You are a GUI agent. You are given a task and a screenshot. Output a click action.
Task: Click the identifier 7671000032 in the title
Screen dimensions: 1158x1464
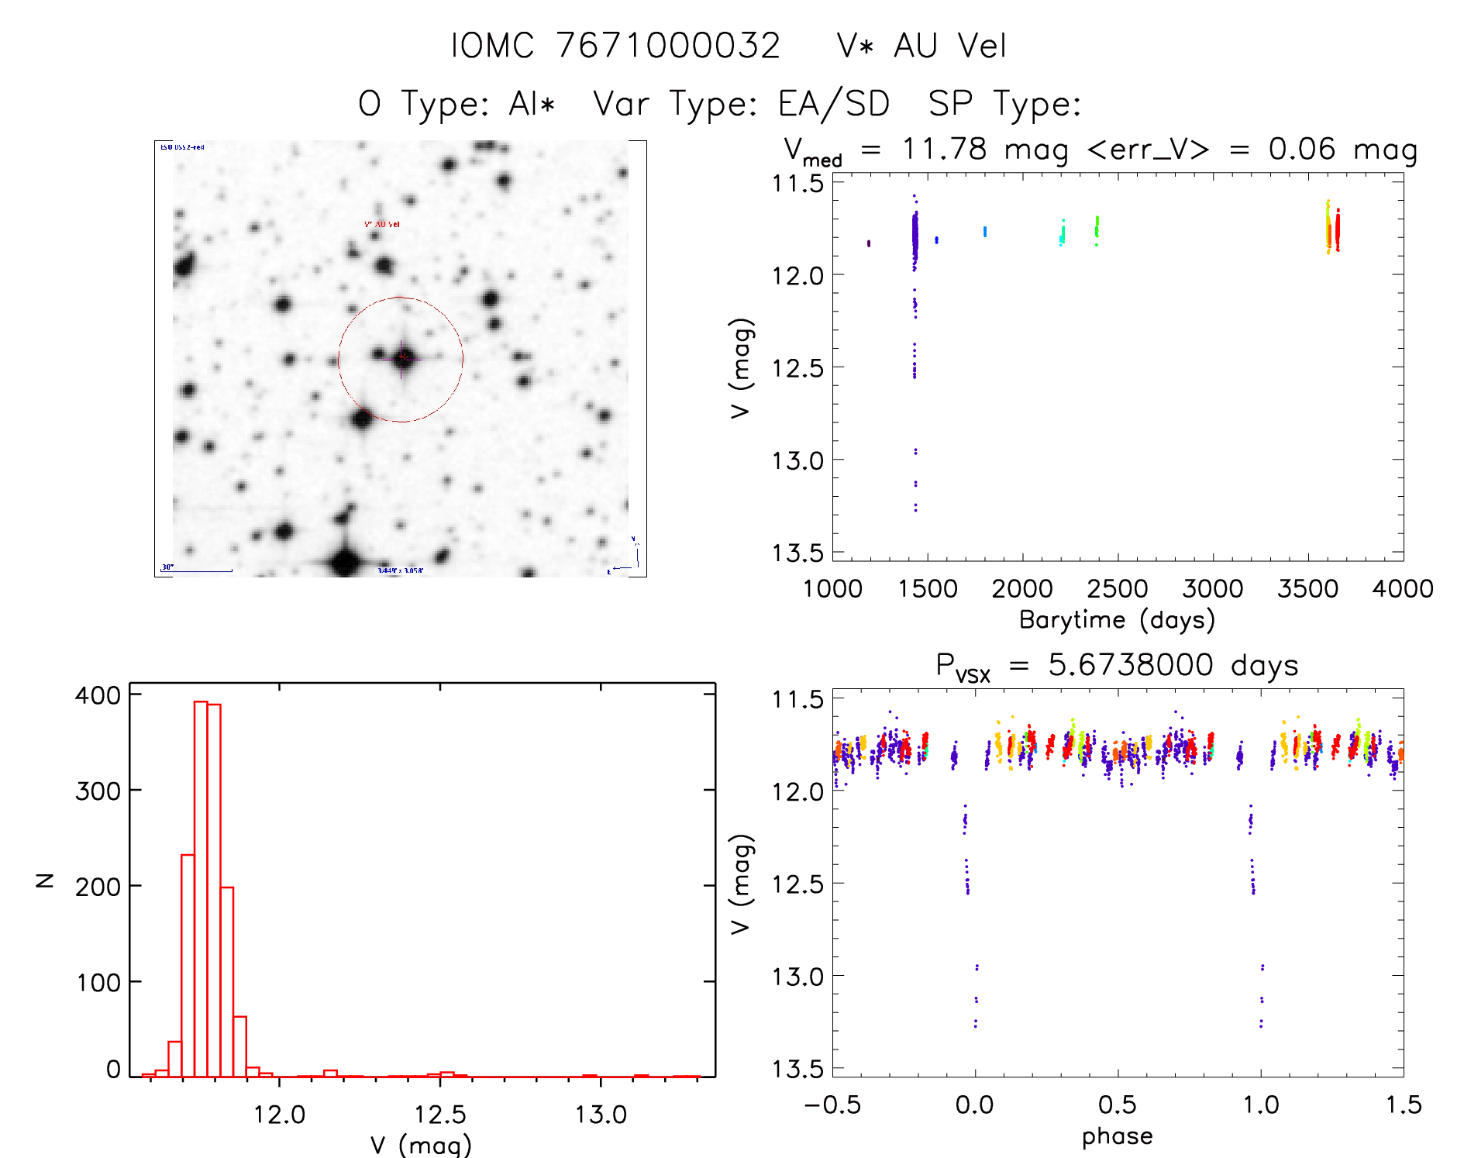click(668, 46)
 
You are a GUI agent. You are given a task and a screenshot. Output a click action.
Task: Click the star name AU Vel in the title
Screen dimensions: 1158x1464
click(950, 46)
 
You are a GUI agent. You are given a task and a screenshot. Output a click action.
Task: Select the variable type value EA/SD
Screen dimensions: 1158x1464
click(834, 104)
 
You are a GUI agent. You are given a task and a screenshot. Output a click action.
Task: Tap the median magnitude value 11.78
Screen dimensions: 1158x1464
click(944, 149)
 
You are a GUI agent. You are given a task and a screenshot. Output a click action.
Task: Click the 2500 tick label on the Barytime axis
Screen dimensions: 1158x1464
click(1117, 589)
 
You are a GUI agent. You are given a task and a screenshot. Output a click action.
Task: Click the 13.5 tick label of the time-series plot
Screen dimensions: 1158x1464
click(797, 553)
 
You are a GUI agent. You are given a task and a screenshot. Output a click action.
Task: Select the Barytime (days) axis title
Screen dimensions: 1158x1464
click(1117, 620)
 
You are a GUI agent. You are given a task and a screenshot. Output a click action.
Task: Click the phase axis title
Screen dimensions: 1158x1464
click(1117, 1136)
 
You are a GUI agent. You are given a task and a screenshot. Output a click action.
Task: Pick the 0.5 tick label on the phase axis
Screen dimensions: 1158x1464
click(1117, 1105)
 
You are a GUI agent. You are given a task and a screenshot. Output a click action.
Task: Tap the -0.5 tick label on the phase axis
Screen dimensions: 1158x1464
click(832, 1105)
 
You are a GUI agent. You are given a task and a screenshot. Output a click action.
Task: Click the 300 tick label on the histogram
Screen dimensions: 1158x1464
click(98, 791)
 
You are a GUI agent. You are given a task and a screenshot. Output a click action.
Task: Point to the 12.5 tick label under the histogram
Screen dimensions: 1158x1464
click(440, 1115)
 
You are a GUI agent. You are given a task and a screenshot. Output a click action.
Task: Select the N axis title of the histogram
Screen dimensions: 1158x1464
click(45, 880)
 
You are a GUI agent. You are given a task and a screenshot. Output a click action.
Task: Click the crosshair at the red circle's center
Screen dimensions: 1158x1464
click(401, 358)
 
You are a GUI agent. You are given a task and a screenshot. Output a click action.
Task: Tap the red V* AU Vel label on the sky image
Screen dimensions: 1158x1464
click(382, 224)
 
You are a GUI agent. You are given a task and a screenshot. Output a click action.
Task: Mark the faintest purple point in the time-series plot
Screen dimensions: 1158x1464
click(915, 509)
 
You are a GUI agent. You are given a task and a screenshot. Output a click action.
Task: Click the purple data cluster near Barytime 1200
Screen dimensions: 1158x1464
click(869, 243)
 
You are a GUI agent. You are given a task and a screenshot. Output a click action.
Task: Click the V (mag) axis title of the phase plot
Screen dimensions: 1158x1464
click(741, 884)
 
